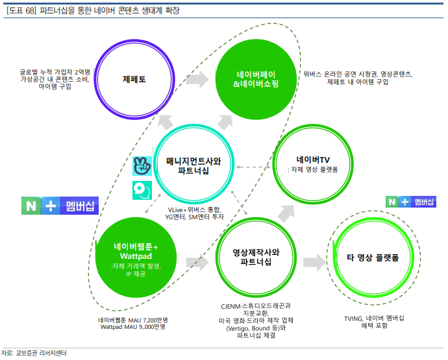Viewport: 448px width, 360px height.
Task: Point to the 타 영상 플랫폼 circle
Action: (367, 258)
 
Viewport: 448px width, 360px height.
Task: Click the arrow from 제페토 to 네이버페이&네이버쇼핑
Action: (198, 79)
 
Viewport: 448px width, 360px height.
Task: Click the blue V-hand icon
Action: (142, 165)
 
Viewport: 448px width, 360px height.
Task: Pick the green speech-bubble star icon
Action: (142, 189)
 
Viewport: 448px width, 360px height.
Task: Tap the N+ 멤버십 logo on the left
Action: (59, 206)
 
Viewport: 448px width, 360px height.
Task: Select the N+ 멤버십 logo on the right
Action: (412, 202)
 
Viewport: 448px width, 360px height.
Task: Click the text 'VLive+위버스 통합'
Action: (194, 210)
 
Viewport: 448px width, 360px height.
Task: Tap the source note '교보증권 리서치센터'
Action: (42, 353)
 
